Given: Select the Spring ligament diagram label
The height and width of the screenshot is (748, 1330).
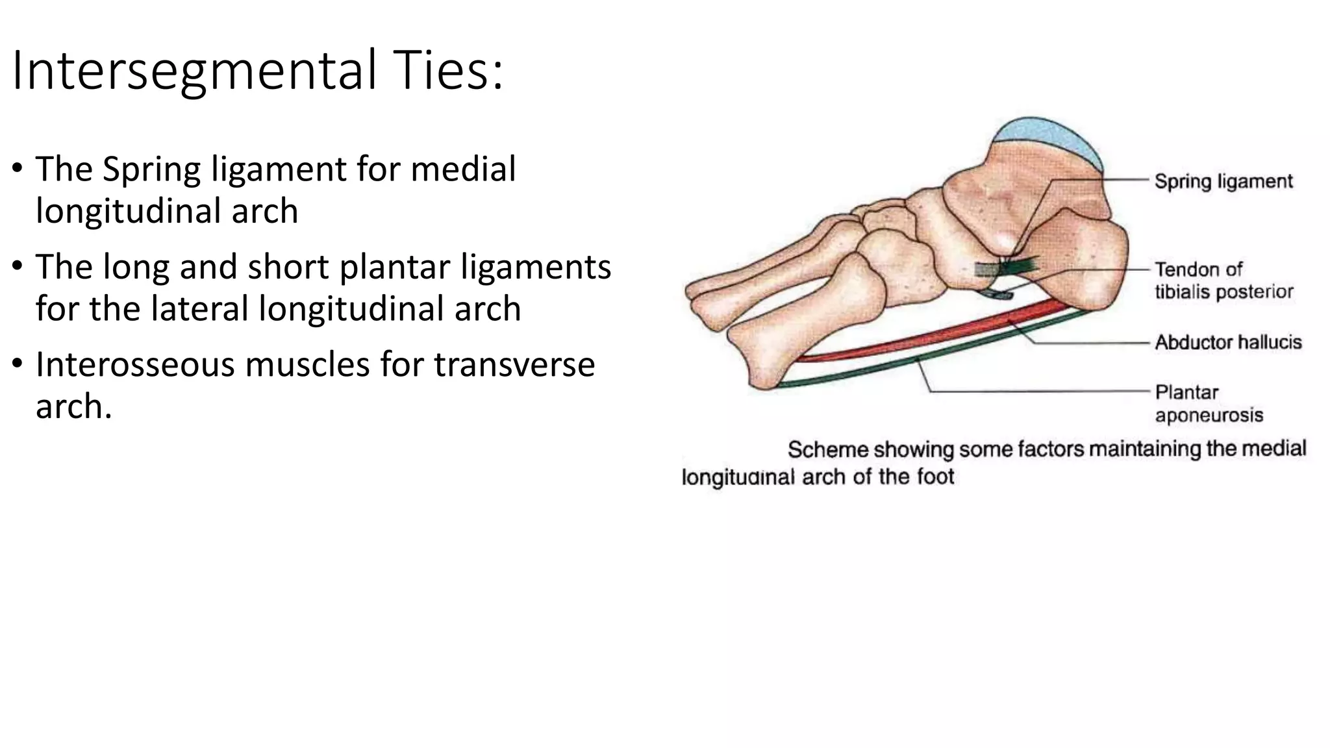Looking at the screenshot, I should [x=1223, y=181].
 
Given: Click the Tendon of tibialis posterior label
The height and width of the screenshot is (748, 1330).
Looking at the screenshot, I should [x=1223, y=280].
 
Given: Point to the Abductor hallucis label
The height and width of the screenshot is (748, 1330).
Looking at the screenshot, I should [x=1228, y=342].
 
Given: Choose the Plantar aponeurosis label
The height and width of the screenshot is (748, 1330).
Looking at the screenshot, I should [x=1209, y=403].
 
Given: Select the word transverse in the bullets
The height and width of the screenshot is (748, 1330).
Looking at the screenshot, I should [x=514, y=364].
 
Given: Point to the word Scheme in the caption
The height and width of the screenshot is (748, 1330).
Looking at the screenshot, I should [x=827, y=449].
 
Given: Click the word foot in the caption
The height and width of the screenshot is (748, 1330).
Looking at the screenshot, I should [x=935, y=477].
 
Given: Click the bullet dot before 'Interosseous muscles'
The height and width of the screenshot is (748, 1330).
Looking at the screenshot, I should [x=17, y=364].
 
